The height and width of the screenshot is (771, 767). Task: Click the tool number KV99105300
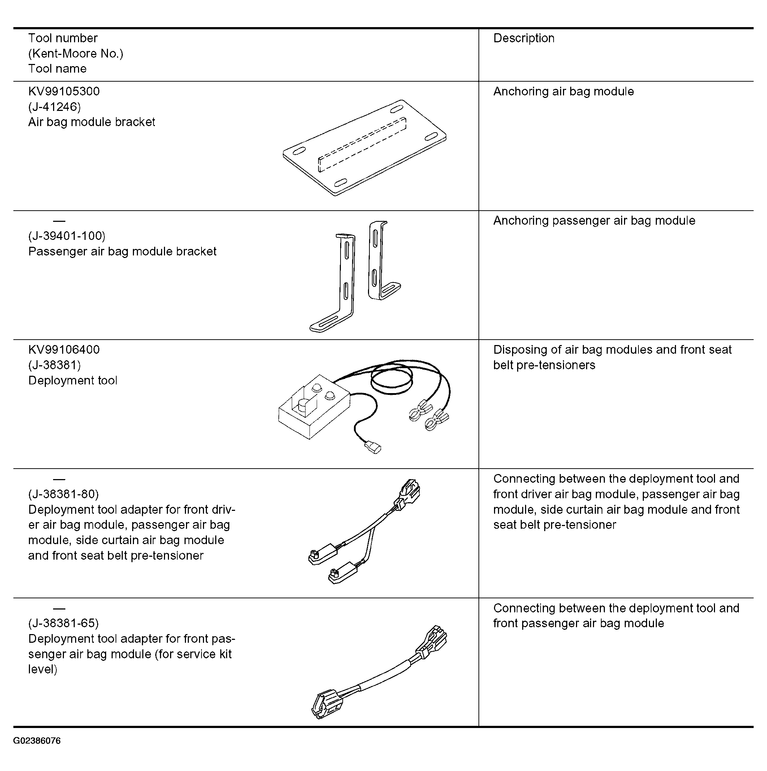pyautogui.click(x=64, y=91)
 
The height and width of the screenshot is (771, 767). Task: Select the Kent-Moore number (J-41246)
pyautogui.click(x=54, y=107)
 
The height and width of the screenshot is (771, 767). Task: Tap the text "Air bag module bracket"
pyautogui.click(x=92, y=122)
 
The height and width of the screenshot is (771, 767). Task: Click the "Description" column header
pyautogui.click(x=524, y=38)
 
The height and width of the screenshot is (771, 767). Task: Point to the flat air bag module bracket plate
pyautogui.click(x=365, y=148)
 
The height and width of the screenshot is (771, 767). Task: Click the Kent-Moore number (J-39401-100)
pyautogui.click(x=66, y=236)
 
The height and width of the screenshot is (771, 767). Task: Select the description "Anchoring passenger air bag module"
pyautogui.click(x=594, y=221)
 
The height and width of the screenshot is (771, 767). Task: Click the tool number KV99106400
pyautogui.click(x=64, y=350)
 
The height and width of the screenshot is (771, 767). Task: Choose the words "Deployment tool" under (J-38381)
pyautogui.click(x=73, y=381)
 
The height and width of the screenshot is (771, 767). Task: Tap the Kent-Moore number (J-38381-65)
pyautogui.click(x=64, y=624)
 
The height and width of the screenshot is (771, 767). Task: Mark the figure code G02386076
pyautogui.click(x=37, y=741)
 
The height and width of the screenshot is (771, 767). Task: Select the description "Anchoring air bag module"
pyautogui.click(x=563, y=92)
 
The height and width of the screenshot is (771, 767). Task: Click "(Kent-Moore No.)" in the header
pyautogui.click(x=76, y=53)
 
